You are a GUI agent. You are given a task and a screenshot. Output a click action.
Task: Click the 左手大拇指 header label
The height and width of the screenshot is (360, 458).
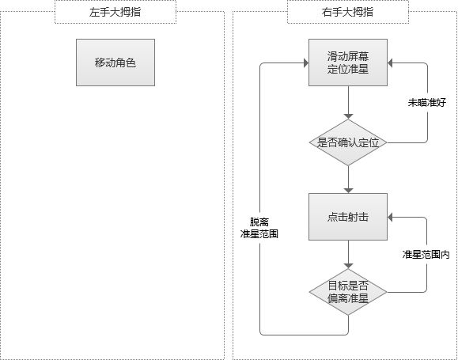[115, 13]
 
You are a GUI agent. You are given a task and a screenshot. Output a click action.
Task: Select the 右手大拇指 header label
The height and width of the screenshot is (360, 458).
[347, 13]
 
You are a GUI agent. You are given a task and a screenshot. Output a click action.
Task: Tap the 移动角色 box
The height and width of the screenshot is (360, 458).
[115, 63]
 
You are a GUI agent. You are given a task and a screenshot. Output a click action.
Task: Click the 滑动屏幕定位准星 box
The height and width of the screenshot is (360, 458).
[348, 63]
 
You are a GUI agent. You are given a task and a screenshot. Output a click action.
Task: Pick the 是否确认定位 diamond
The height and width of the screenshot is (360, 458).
[348, 142]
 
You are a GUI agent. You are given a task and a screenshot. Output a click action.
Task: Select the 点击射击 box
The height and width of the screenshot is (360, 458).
[348, 217]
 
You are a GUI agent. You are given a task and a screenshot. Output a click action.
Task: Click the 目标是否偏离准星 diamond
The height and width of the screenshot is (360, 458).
[348, 292]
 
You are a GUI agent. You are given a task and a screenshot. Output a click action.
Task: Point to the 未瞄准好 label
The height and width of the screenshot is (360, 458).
[426, 103]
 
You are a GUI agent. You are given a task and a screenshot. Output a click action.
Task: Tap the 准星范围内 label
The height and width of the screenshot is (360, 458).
[426, 255]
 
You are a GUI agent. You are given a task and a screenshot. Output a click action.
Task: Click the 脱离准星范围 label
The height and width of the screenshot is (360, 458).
[259, 228]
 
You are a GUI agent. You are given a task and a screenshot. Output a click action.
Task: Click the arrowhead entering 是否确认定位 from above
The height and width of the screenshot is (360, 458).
[348, 116]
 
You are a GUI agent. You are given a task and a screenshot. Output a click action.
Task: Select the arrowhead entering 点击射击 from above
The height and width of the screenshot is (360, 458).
[348, 191]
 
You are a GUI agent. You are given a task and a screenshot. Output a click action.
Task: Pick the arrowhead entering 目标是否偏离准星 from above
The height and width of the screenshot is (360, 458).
[348, 266]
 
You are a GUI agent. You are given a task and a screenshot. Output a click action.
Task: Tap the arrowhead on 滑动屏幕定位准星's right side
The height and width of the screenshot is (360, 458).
[390, 63]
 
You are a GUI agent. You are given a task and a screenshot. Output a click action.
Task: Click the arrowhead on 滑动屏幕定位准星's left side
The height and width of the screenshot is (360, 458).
[306, 63]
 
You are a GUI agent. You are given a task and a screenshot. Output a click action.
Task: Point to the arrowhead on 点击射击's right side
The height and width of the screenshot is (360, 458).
[390, 217]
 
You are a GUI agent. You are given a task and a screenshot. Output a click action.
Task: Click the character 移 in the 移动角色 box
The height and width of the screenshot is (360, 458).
[100, 63]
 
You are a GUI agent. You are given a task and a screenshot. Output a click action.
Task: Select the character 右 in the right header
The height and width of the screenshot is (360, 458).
[327, 13]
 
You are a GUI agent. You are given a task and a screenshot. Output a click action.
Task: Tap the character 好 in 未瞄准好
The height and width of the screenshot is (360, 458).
[441, 103]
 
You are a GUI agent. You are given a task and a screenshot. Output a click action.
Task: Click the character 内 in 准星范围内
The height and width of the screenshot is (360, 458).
[445, 255]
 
